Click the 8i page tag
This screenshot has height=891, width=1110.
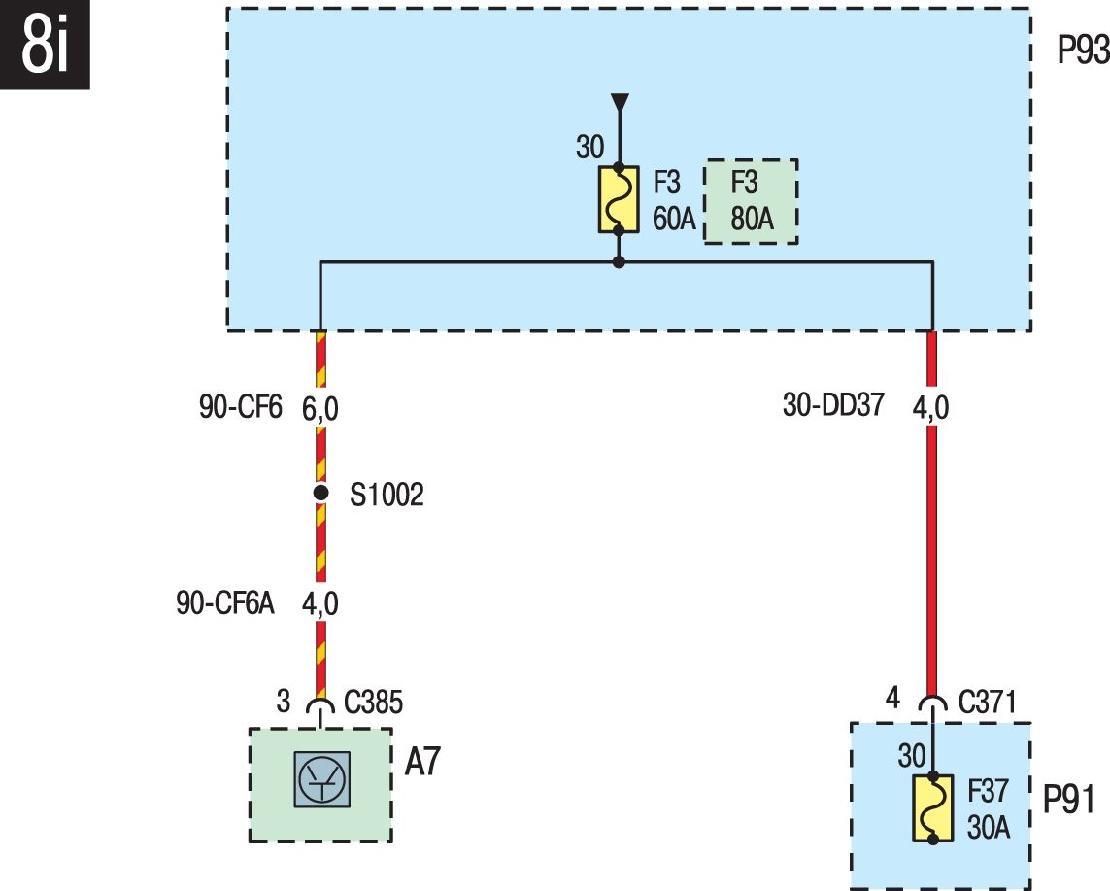coord(45,45)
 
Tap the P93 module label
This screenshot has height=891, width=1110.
coord(1083,51)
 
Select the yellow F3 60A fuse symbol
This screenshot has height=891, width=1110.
coord(619,200)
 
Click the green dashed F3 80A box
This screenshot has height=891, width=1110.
coord(751,202)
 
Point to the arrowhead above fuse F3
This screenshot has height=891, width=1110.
coord(620,103)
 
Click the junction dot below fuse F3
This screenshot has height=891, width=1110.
coord(619,262)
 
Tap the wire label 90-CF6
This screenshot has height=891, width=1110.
coord(241,407)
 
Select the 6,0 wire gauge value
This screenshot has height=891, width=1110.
coord(320,409)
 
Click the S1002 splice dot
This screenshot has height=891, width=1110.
coord(320,493)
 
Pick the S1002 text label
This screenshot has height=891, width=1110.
coord(387,496)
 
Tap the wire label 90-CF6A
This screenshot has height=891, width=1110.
coord(225,603)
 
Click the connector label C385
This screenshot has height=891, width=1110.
coord(373,703)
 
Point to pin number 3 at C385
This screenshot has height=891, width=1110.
coord(284,702)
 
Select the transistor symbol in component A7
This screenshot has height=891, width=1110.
coord(322,779)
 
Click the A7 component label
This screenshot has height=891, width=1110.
coord(422,762)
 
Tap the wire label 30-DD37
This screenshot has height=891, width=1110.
coord(833,405)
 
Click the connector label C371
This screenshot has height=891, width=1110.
coord(987,702)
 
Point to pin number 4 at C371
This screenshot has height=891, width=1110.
coord(892,698)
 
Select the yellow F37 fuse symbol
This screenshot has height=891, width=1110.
coord(933,808)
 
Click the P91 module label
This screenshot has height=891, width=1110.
coord(1069,800)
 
